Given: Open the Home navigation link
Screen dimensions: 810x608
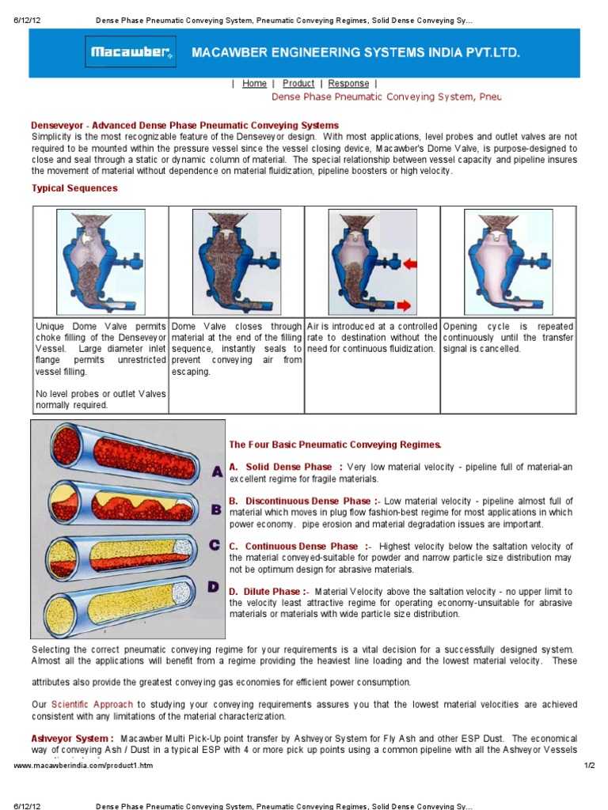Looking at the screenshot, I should click(254, 84).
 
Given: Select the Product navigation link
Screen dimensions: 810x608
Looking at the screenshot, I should click(298, 84).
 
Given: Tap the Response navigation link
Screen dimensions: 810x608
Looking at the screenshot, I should click(348, 84).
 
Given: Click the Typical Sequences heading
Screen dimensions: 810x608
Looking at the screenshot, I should click(74, 188).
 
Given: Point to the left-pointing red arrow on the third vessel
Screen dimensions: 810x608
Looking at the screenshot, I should click(413, 263).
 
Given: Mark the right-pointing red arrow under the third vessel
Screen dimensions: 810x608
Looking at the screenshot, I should click(404, 305).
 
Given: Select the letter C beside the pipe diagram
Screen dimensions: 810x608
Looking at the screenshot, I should click(215, 545).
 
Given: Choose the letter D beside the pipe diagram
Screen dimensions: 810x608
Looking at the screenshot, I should click(213, 586).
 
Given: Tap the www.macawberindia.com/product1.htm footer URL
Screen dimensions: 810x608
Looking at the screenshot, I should click(84, 766).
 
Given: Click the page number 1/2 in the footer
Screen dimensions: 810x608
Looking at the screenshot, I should click(588, 766).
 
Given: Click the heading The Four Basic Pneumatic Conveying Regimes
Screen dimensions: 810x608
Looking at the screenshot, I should click(335, 445).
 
